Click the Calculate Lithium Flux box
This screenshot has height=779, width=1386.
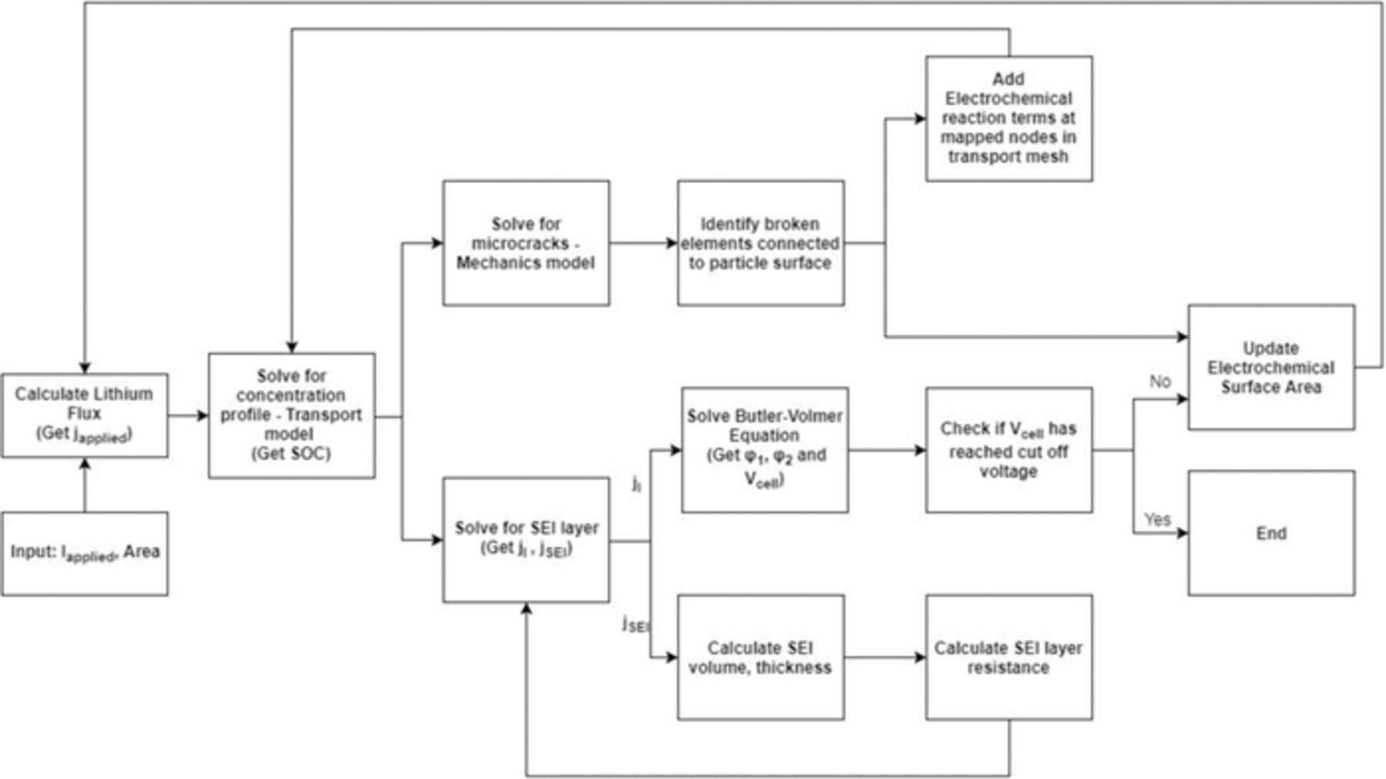[x=85, y=415]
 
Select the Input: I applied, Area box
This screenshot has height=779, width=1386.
[x=85, y=553]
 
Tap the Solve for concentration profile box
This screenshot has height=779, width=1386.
[x=292, y=415]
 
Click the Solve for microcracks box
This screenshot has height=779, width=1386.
[x=526, y=243]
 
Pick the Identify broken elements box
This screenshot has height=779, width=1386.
[x=761, y=243]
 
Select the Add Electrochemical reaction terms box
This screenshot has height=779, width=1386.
[x=1009, y=119]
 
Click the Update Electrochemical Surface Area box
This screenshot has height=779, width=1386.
[x=1271, y=367]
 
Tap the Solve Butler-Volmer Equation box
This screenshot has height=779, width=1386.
[x=765, y=449]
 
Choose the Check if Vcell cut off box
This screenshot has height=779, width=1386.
[x=1009, y=449]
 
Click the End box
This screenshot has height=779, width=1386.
[x=1271, y=533]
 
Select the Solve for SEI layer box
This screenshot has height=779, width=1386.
[x=526, y=539]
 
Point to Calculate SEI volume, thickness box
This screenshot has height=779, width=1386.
[x=761, y=657]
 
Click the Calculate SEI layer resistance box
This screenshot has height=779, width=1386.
[x=1009, y=657]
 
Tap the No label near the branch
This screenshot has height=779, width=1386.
[x=1160, y=381]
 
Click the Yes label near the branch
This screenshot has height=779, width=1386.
[x=1157, y=519]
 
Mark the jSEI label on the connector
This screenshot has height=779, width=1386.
[x=636, y=624]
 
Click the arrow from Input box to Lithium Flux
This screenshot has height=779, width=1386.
[x=85, y=485]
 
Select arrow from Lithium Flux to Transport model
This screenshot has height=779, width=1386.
[x=188, y=416]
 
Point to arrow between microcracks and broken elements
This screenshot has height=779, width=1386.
[x=643, y=243]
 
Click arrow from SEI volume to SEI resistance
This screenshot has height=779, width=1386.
[x=885, y=657]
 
